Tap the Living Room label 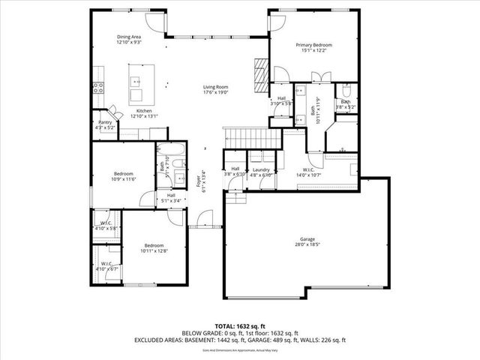click(x=215, y=88)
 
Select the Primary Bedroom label click(x=314, y=45)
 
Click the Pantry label click(x=105, y=122)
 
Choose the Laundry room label click(x=261, y=170)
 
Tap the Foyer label click(x=199, y=180)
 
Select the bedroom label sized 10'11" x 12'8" click(x=154, y=246)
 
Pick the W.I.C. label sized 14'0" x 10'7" click(x=313, y=169)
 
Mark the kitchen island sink click(x=137, y=81)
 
